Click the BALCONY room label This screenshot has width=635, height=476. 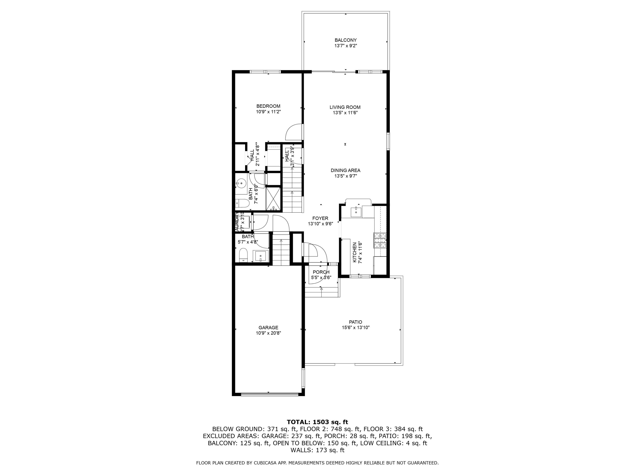[x=345, y=40]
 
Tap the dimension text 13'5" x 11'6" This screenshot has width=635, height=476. [x=345, y=113]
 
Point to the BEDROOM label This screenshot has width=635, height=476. [x=268, y=106]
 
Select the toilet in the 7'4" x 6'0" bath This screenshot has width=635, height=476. [x=242, y=204]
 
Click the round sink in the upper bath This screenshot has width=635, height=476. [x=241, y=183]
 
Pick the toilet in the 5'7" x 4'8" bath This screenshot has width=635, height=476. [x=243, y=255]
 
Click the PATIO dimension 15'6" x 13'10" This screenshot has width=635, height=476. [x=355, y=328]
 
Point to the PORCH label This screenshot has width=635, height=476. [x=321, y=272]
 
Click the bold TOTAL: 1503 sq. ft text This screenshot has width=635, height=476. [x=317, y=422]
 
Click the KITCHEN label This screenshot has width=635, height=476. [x=355, y=252]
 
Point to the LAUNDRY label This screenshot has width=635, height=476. [x=237, y=222]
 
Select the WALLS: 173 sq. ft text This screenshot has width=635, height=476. [x=317, y=450]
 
